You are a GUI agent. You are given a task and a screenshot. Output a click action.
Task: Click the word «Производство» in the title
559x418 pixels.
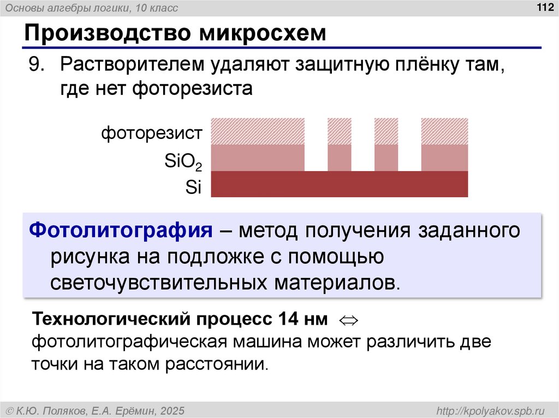click(104, 33)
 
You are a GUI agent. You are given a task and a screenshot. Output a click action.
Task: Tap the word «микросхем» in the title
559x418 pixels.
click(262, 33)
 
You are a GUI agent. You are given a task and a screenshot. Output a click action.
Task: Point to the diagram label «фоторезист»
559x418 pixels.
click(152, 133)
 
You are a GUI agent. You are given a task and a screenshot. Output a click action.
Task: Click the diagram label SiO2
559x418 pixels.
click(183, 161)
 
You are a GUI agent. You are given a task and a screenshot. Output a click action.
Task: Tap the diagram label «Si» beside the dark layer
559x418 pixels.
click(193, 187)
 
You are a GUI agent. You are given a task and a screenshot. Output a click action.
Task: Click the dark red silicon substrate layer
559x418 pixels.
click(339, 184)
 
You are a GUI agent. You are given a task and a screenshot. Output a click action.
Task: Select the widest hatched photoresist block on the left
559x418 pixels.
click(258, 131)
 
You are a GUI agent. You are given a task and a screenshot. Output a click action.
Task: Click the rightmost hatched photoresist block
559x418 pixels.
click(444, 131)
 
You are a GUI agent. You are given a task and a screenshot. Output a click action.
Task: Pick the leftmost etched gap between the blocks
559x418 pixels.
click(316, 144)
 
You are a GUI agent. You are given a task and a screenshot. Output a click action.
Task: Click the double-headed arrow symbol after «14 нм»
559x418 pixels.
click(348, 319)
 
